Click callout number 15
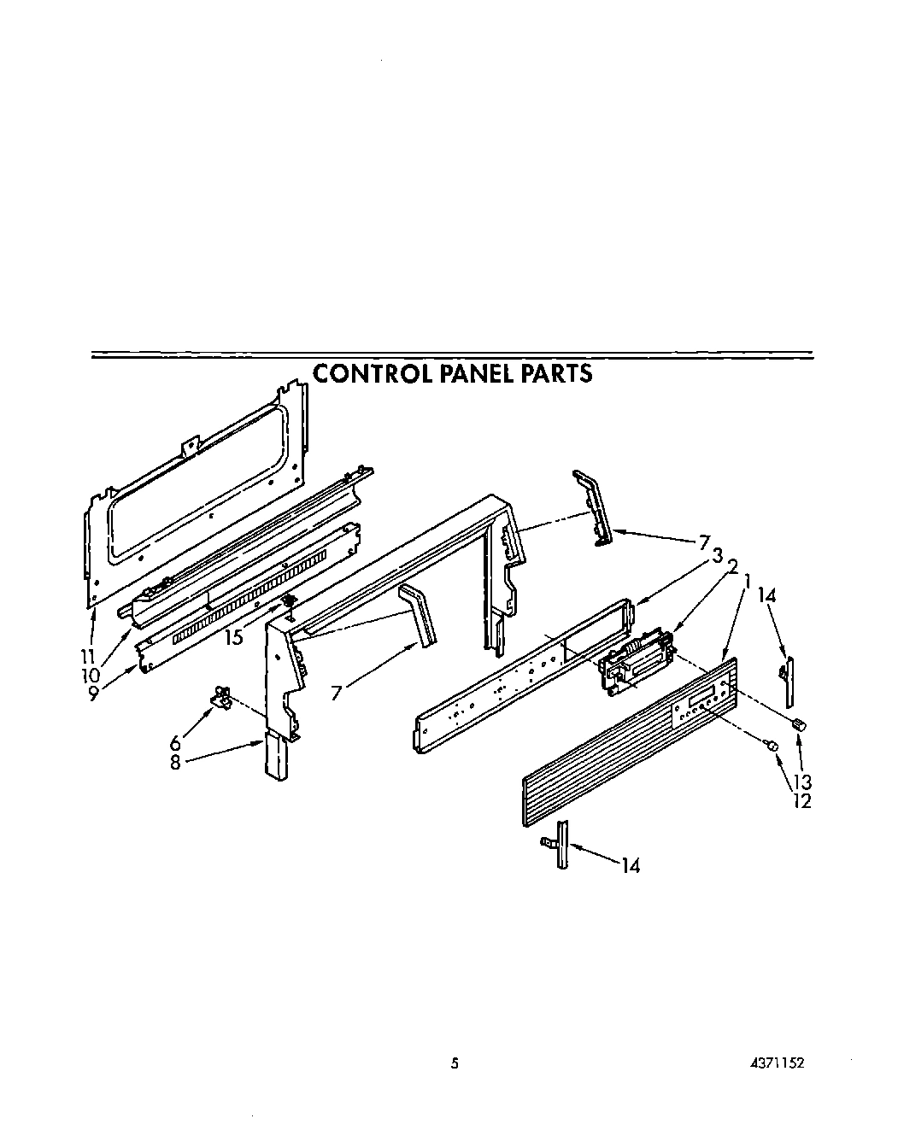pos(232,636)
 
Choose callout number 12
pos(801,800)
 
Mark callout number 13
pos(801,782)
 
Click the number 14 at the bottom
pos(631,865)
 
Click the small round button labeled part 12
pos(772,746)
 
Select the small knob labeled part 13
pos(800,724)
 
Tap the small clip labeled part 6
pos(221,697)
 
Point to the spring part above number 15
pos(288,604)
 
